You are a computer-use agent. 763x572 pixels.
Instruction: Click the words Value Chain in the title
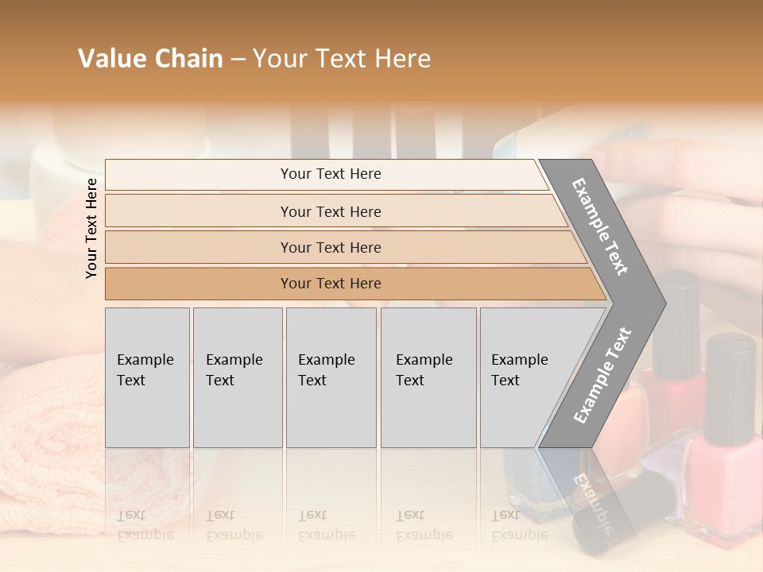tap(150, 59)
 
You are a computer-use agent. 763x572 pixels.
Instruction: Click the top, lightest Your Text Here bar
tap(331, 174)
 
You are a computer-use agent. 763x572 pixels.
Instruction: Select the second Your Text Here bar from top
tap(331, 211)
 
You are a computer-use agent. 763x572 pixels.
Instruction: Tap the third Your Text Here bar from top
tap(331, 247)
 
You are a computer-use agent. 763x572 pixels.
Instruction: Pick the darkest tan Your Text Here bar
tap(331, 284)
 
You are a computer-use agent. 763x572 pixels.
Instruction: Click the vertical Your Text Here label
tap(91, 228)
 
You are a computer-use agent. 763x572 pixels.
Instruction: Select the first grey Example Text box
tap(147, 377)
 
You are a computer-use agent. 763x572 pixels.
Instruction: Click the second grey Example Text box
tap(237, 377)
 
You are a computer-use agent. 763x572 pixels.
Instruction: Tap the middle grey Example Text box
tap(331, 377)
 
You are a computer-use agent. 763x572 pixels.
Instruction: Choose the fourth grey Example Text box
tap(428, 377)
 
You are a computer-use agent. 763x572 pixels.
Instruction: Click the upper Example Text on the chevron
tap(601, 226)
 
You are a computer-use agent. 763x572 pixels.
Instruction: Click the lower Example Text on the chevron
tap(602, 375)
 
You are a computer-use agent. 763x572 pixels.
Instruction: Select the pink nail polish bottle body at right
tap(723, 485)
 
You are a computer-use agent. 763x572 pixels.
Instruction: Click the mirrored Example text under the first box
tap(145, 525)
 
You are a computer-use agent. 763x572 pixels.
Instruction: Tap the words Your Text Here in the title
tap(342, 59)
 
